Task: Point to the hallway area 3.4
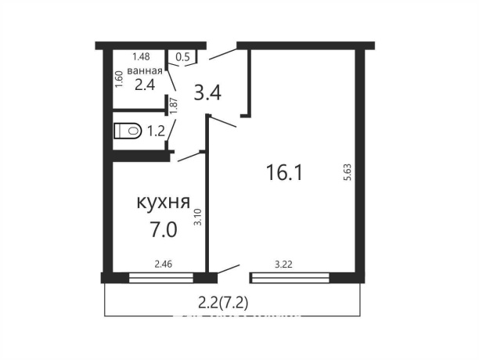click(207, 92)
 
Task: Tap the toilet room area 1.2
click(156, 131)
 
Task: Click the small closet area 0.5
click(182, 56)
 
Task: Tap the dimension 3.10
click(198, 215)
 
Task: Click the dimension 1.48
click(141, 56)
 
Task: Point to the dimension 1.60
click(119, 79)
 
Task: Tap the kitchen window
click(161, 276)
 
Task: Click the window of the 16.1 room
click(289, 276)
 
